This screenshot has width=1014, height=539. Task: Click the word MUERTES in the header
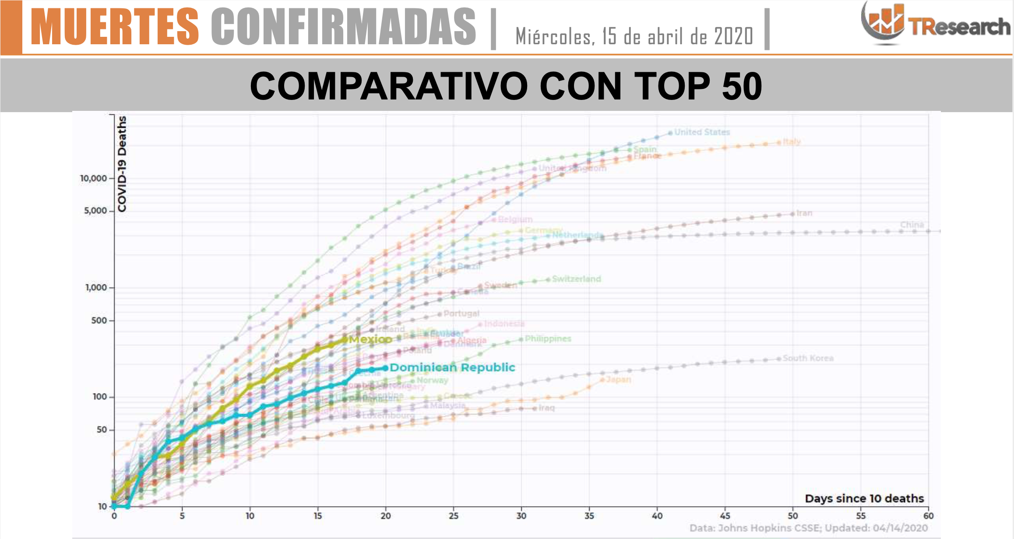click(115, 27)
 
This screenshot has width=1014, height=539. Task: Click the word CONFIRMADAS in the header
click(343, 27)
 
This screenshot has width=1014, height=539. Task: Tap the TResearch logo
click(935, 24)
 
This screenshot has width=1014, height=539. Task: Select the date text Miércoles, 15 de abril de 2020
click(634, 36)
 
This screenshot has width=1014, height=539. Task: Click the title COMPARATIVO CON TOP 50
click(506, 86)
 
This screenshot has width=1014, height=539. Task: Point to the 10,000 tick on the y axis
click(93, 178)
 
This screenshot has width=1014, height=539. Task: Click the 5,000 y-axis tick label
click(95, 211)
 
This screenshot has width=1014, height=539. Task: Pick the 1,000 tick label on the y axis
click(96, 287)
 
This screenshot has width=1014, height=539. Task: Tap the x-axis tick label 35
click(589, 516)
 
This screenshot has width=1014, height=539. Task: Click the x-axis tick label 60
click(928, 516)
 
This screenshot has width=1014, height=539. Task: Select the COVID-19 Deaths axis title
click(122, 164)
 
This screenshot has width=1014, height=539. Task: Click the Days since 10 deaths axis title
click(864, 499)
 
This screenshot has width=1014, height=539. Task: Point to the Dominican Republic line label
click(452, 367)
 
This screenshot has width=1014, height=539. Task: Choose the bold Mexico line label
click(370, 339)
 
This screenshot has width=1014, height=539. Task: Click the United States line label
click(702, 132)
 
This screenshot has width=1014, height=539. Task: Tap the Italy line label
click(792, 142)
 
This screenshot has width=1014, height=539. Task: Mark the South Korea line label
click(808, 358)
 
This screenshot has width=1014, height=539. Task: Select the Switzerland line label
click(576, 279)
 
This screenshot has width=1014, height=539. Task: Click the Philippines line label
click(548, 339)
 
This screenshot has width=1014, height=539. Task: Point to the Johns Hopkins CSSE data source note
click(808, 528)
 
